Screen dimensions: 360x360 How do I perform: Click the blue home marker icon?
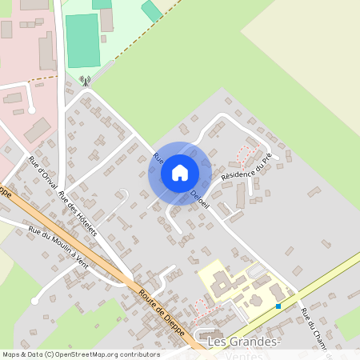180,172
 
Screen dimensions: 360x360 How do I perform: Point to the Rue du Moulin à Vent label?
57,246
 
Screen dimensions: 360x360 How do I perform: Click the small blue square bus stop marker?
278,306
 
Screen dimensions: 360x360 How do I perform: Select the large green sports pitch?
82,40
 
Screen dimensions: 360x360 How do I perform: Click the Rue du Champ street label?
311,328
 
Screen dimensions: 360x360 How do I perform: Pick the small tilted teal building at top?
151,11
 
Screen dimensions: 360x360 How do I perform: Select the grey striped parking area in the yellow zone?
257,271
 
